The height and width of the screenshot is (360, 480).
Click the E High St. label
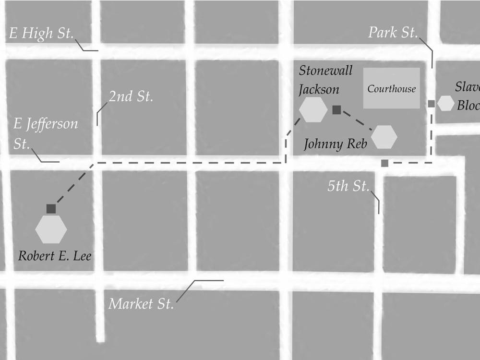click(41, 34)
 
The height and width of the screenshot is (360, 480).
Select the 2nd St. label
click(131, 96)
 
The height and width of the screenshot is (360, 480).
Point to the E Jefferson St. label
click(45, 133)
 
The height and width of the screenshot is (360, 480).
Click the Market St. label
click(141, 304)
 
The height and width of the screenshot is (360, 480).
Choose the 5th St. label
click(348, 186)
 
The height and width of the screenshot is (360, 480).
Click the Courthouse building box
click(391, 88)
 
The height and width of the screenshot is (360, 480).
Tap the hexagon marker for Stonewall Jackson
click(313, 109)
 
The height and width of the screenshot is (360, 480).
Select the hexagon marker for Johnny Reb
click(384, 137)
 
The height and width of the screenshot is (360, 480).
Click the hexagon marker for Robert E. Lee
click(51, 229)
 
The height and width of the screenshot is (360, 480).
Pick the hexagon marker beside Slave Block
click(446, 103)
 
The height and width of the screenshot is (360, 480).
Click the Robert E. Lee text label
click(55, 255)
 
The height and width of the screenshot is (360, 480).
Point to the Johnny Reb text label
click(336, 144)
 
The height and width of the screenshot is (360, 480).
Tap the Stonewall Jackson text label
click(325, 80)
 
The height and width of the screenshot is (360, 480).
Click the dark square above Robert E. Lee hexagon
click(51, 209)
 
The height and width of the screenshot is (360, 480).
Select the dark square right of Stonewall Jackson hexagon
click(336, 110)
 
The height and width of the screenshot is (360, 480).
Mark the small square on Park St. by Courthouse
click(431, 104)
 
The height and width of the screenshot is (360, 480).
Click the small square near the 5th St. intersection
click(384, 163)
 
